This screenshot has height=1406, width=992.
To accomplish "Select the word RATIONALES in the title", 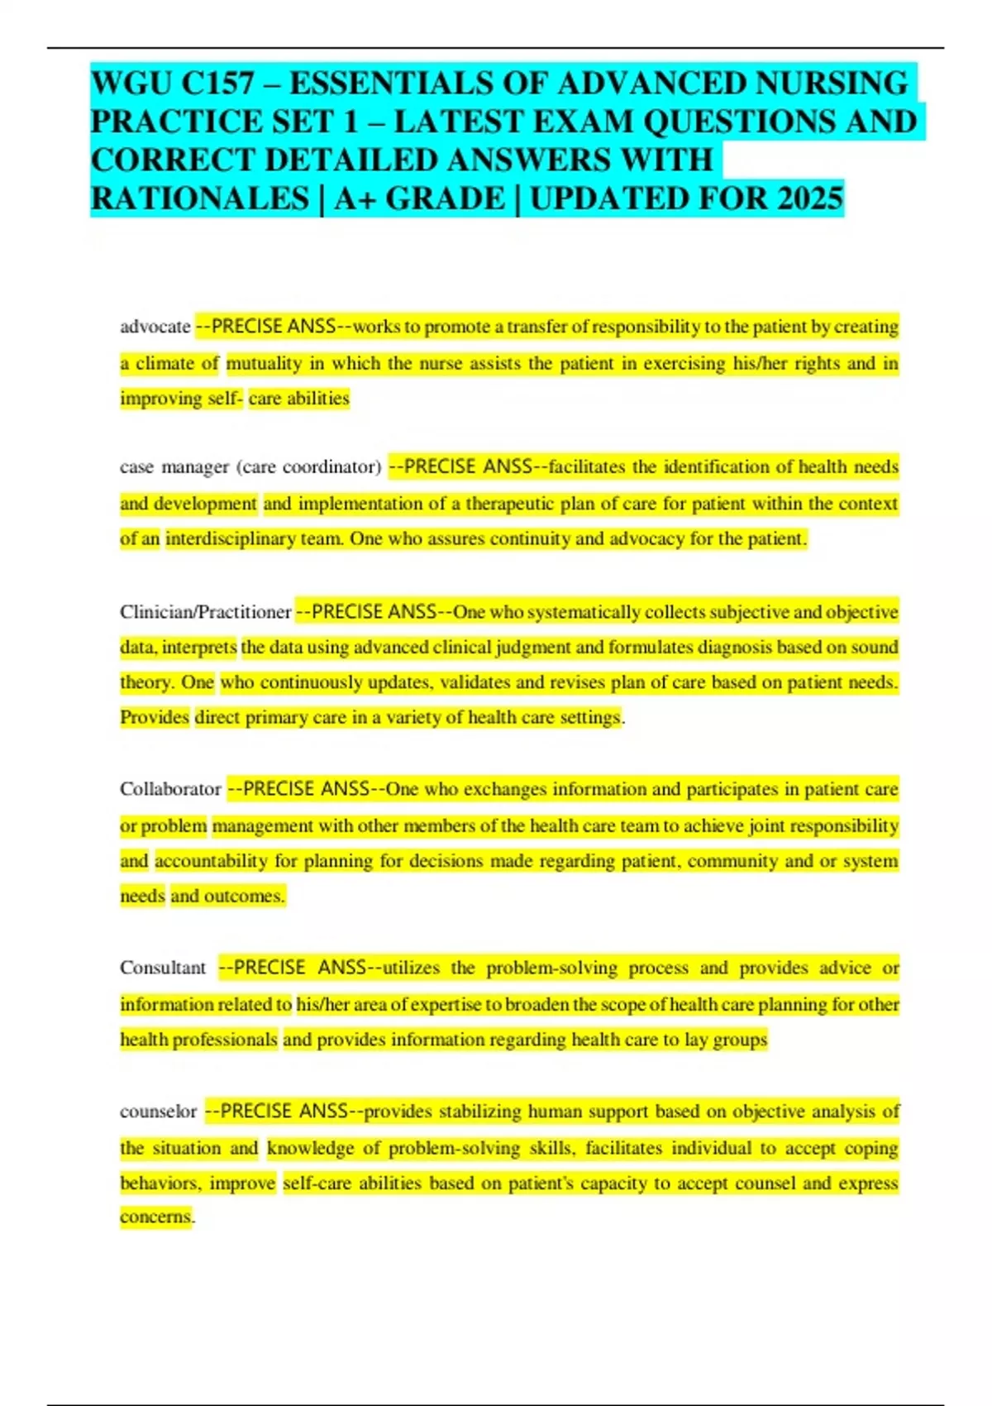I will click(x=199, y=199).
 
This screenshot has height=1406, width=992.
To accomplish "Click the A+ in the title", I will click(x=353, y=199).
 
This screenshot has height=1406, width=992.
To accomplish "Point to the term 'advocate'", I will click(x=155, y=327).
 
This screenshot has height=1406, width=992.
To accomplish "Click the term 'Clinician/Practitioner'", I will click(x=205, y=612).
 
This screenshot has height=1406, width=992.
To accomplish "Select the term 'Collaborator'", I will click(x=170, y=789).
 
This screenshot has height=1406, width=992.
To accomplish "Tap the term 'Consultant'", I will click(x=163, y=968).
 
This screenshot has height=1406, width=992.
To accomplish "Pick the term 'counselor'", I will click(x=158, y=1112).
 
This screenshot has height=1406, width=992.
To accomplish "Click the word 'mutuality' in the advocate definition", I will click(x=265, y=363).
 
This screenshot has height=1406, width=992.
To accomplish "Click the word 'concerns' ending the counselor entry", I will click(x=155, y=1217).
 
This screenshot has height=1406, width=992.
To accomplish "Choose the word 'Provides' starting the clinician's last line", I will click(x=155, y=717).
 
